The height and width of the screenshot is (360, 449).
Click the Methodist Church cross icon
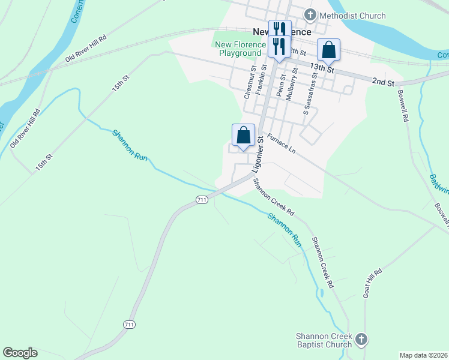[x=310, y=15]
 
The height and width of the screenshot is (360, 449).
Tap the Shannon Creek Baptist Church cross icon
[x=360, y=340]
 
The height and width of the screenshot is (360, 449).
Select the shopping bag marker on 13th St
[x=328, y=50]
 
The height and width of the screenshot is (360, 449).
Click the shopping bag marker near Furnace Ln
[x=243, y=135]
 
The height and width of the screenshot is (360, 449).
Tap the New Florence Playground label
[x=240, y=49]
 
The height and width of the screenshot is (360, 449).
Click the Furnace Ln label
[x=282, y=143]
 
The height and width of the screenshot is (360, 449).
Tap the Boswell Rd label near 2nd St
[x=402, y=107]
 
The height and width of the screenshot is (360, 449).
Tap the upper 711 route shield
[x=202, y=200]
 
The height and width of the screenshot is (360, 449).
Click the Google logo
[x=20, y=353]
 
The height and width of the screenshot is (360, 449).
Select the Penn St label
[x=280, y=85]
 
